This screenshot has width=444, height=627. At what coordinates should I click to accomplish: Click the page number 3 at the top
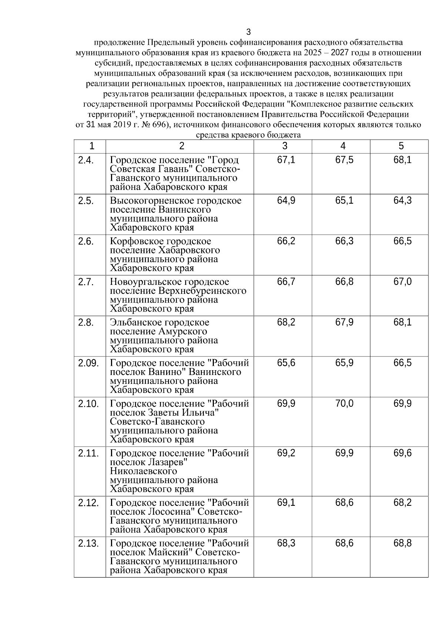point(249,32)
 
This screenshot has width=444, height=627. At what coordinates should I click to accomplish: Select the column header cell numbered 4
point(343,146)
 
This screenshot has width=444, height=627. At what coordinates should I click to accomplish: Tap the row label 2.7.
point(86,282)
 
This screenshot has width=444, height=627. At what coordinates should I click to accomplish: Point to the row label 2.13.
point(88,543)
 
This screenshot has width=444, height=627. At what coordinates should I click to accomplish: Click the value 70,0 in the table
point(344,403)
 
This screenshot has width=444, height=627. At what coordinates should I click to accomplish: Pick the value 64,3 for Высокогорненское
point(402,201)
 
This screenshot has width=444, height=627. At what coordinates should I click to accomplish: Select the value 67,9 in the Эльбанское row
point(344,323)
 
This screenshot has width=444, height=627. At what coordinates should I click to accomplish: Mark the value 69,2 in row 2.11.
point(286,453)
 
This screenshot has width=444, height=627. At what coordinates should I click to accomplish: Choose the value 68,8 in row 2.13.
point(402,543)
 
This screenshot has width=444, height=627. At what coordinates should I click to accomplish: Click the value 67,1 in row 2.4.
point(286,160)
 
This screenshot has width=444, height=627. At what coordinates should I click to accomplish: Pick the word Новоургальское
point(144,282)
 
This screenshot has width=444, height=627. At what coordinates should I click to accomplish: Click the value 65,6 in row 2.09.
point(286,363)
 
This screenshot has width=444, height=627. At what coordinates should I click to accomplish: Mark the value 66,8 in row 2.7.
point(344,282)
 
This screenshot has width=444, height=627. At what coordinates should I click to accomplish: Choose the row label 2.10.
point(88,403)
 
